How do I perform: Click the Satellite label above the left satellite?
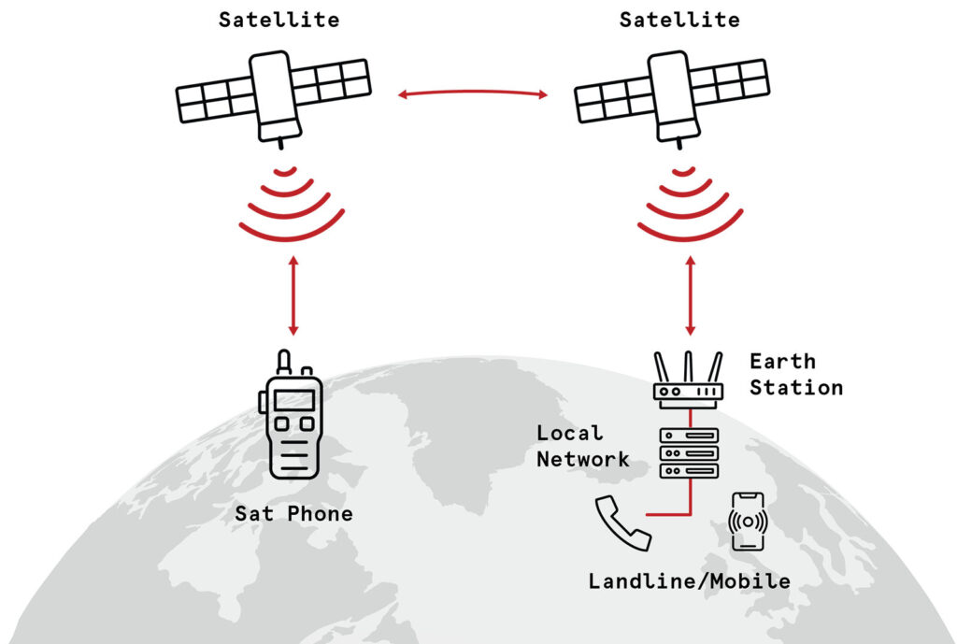pyautogui.click(x=279, y=20)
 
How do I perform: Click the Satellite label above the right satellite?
pyautogui.click(x=678, y=20)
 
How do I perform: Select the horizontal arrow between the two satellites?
pyautogui.click(x=472, y=93)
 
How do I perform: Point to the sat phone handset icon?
pyautogui.click(x=291, y=425)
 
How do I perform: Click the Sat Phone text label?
pyautogui.click(x=293, y=513)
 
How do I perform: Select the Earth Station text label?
pyautogui.click(x=795, y=374)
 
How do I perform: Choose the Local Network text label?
pyautogui.click(x=582, y=446)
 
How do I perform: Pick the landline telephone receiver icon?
pyautogui.click(x=622, y=523)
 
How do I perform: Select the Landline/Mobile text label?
pyautogui.click(x=689, y=581)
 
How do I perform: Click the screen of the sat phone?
pyautogui.click(x=293, y=400)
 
